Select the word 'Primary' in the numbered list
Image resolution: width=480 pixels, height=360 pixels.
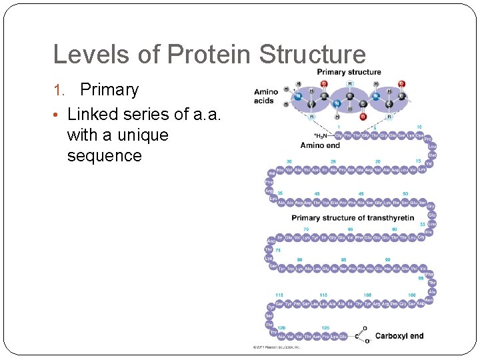[x=109, y=90]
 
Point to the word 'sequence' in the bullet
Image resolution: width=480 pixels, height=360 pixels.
[x=105, y=156]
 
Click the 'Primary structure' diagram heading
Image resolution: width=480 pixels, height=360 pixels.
[x=349, y=72]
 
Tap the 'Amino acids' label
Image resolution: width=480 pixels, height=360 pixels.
[x=266, y=97]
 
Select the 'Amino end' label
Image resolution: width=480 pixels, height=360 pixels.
[x=320, y=145]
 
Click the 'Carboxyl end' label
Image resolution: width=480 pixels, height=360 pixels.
[x=399, y=336]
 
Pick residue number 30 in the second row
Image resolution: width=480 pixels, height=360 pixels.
[x=289, y=161]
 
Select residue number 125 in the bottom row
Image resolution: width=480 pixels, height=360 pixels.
[x=325, y=328]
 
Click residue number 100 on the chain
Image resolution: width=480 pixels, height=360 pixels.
[x=411, y=295]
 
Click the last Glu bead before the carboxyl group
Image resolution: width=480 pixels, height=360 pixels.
[x=343, y=337]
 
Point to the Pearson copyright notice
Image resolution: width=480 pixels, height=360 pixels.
[x=276, y=347]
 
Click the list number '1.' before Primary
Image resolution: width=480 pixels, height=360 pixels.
[x=58, y=91]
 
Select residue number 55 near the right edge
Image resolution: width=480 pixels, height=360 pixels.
[x=422, y=224]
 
